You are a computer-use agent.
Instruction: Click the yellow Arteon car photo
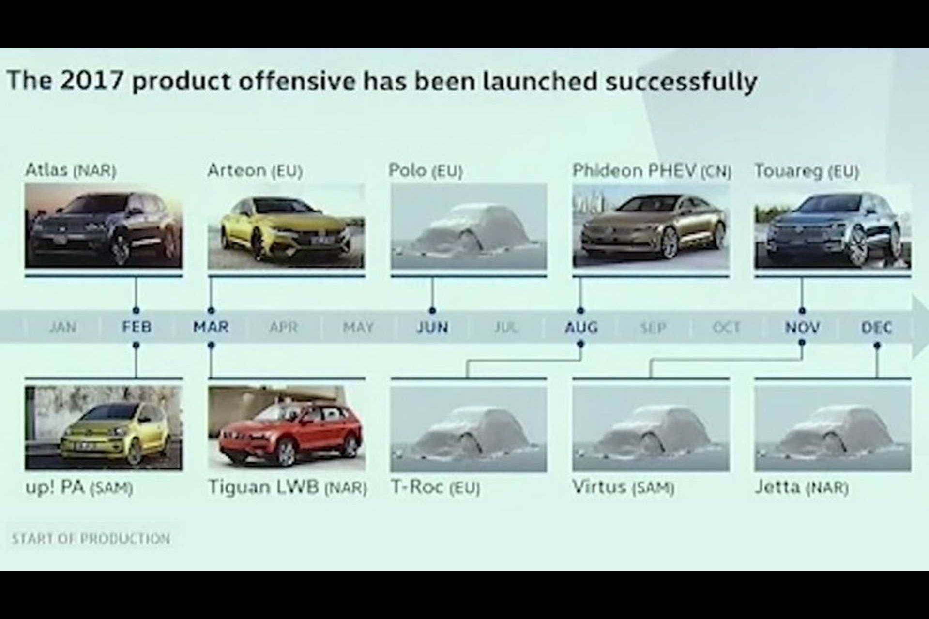point(286,226)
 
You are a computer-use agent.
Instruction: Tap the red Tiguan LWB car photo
point(287,428)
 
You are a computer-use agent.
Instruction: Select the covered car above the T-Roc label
point(469,429)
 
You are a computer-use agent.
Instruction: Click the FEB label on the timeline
point(137,327)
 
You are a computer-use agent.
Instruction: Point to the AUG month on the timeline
point(581,328)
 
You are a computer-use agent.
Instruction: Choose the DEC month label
point(877,328)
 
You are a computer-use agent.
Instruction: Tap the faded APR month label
point(283,328)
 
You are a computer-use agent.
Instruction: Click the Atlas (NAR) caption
point(71,170)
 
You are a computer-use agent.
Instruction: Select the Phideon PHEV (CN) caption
point(652,170)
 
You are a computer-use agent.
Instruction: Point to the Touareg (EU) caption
point(807,171)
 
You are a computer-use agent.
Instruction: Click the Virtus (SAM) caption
point(623,487)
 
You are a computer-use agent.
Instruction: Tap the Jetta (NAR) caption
point(802,487)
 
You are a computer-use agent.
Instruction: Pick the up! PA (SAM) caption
point(79,487)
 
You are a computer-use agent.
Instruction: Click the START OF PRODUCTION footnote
point(91,539)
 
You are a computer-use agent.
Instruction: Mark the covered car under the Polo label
point(469,226)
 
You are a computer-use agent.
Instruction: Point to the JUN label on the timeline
point(432,328)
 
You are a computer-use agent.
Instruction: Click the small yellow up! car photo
point(104,428)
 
